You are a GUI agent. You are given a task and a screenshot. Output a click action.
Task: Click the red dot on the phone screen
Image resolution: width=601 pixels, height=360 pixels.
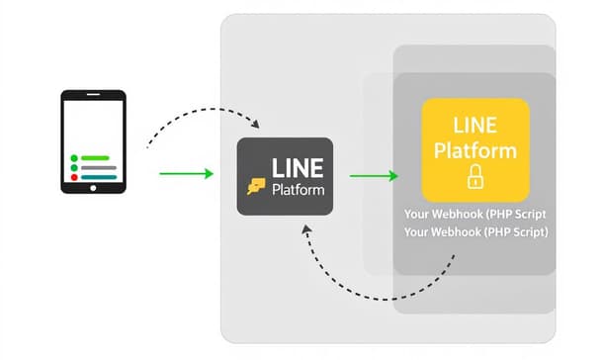pyautogui.click(x=73, y=179)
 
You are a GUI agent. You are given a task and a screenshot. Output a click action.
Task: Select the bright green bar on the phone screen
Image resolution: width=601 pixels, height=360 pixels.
pyautogui.click(x=96, y=157)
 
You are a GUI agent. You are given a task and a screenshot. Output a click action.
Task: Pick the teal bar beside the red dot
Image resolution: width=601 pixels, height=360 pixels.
pyautogui.click(x=99, y=179)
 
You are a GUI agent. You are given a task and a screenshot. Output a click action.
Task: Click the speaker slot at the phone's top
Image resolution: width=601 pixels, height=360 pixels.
pyautogui.click(x=94, y=95)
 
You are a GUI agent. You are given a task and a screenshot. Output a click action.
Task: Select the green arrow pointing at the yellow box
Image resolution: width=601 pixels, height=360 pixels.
pyautogui.click(x=377, y=176)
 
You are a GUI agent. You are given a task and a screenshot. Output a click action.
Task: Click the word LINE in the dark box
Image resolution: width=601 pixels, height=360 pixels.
pyautogui.click(x=298, y=165)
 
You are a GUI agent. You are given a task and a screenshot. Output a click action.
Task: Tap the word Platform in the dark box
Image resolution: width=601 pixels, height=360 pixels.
pyautogui.click(x=298, y=189)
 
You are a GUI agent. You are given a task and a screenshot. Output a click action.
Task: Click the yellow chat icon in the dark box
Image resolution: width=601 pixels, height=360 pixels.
pyautogui.click(x=256, y=184)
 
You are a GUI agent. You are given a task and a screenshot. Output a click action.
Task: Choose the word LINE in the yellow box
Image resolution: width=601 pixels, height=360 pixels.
pyautogui.click(x=475, y=127)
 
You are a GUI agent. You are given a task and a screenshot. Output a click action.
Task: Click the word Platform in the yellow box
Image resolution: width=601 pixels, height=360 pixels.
pyautogui.click(x=475, y=150)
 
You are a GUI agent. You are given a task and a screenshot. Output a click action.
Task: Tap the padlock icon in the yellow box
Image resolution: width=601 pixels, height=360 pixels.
pyautogui.click(x=475, y=178)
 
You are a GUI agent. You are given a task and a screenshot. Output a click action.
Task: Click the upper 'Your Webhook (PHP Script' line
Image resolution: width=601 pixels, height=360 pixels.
pyautogui.click(x=475, y=214)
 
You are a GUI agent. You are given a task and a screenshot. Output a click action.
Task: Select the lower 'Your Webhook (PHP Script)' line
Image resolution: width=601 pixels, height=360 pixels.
pyautogui.click(x=475, y=231)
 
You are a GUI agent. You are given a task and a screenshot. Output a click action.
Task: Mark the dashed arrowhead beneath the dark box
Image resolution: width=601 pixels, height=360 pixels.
pyautogui.click(x=307, y=228)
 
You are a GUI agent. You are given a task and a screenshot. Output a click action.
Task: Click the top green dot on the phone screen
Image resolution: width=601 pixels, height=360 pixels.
pyautogui.click(x=73, y=157)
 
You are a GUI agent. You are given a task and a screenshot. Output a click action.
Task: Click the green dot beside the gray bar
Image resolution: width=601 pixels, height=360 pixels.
pyautogui.click(x=73, y=168)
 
